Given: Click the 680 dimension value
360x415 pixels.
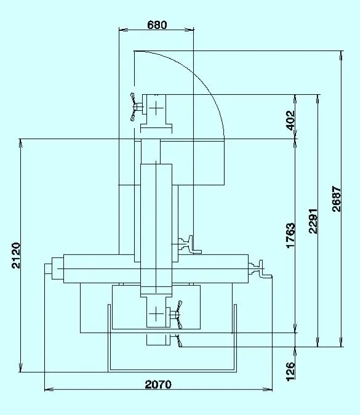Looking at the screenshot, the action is [157, 25].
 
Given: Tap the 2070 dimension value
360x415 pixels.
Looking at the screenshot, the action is [158, 384].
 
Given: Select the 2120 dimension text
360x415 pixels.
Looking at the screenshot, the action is [16, 256].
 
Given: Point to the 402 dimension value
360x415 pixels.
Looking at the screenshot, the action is [290, 121].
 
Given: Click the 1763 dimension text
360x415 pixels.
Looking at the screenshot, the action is [290, 235].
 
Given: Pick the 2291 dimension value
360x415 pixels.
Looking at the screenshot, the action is [313, 220].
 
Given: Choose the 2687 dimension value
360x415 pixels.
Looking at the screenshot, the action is [336, 199].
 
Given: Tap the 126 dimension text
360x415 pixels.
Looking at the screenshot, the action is [290, 371].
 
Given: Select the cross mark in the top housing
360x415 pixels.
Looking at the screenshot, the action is [156, 108].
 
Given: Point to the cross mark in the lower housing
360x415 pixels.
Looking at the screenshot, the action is [156, 314].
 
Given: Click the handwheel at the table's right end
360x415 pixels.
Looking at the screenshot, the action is [261, 269].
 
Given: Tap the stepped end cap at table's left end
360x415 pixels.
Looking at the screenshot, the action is [54, 269].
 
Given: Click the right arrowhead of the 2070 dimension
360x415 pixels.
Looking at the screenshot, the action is [268, 389].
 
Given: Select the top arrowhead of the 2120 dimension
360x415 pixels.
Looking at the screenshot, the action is [21, 143].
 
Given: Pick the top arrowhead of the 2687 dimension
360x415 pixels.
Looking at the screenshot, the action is [342, 55].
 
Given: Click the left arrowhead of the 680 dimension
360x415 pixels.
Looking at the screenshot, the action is [124, 30].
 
